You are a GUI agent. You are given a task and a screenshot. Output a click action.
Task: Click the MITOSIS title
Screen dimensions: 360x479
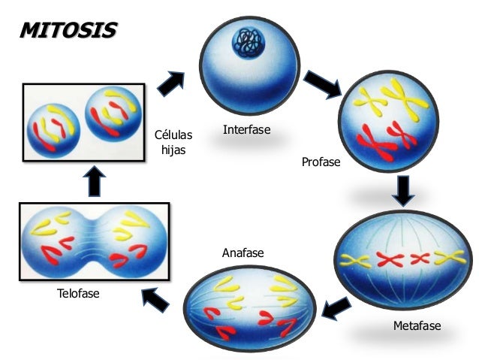point(68,31)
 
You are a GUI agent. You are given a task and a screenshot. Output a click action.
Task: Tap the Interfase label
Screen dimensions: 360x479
point(246,130)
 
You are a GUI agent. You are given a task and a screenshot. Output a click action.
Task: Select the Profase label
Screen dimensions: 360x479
point(321,162)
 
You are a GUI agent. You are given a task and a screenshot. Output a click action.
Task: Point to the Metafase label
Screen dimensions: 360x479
point(417,326)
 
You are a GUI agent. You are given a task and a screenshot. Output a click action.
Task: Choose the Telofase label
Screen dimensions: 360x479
point(78,293)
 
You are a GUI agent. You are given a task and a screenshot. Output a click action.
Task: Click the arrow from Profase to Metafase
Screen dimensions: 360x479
point(404,191)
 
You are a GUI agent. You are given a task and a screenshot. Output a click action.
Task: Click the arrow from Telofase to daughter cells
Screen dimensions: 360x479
point(96,180)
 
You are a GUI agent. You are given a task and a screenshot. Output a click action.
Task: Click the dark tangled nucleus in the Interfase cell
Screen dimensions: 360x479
point(249,41)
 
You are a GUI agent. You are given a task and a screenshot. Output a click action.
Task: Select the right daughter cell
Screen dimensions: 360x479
point(115,115)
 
